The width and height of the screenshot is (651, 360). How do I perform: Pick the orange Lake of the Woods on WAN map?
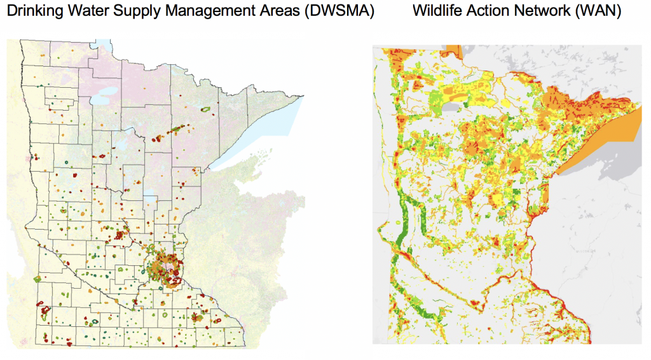[453, 52]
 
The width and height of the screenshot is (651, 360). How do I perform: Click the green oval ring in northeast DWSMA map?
[205, 109]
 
